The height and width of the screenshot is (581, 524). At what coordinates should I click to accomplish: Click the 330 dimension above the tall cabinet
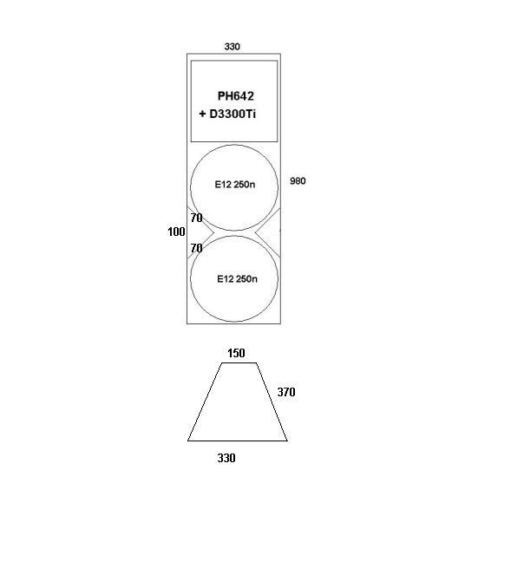232,47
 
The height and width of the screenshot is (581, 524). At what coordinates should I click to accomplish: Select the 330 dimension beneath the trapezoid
226,458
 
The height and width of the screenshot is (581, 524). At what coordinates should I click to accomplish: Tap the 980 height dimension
298,181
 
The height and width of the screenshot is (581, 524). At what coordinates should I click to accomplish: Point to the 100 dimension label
176,232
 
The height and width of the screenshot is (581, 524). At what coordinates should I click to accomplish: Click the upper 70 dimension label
196,218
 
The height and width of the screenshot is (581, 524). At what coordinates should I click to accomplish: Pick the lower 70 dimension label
196,248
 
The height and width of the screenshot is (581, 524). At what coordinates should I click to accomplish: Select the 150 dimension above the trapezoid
236,353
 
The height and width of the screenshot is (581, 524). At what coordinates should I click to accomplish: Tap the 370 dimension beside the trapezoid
286,392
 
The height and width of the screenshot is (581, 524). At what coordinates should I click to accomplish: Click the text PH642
236,96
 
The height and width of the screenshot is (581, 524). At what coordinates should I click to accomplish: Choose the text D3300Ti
233,114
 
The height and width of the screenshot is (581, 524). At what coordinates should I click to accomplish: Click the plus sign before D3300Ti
202,114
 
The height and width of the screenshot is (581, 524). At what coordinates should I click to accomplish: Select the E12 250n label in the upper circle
235,185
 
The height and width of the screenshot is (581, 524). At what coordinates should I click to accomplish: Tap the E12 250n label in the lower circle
237,279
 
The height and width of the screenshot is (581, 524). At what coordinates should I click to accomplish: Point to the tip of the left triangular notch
213,232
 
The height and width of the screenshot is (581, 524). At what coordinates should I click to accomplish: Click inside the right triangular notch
272,232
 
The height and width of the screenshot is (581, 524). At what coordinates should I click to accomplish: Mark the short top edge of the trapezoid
239,362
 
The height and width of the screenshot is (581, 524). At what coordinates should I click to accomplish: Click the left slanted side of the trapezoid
205,402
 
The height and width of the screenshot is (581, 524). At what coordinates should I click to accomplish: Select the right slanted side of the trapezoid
272,402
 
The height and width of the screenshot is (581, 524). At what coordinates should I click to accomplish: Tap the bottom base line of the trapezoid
238,441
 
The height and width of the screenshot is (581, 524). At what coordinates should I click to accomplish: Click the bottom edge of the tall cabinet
234,323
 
